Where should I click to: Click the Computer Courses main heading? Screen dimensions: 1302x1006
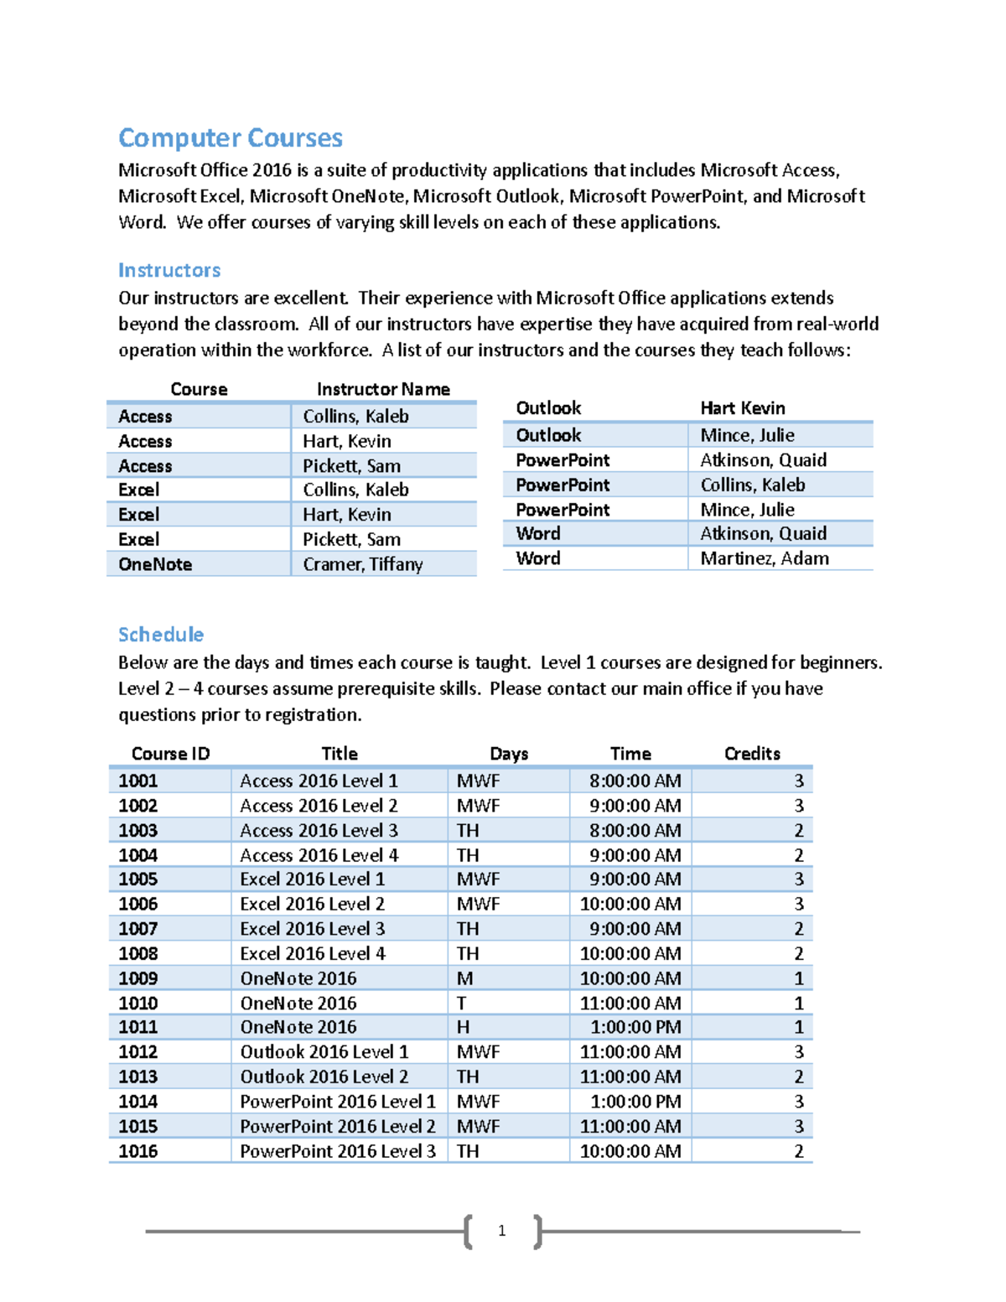231,137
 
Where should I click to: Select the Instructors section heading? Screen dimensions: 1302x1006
169,270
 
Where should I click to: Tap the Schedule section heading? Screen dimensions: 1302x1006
161,634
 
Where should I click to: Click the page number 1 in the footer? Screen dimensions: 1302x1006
501,1231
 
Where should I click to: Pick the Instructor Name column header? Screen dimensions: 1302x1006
383,389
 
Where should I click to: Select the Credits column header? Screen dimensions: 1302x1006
752,753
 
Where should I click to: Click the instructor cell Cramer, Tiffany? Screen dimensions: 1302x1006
363,564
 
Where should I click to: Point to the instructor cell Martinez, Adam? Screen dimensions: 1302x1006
765,558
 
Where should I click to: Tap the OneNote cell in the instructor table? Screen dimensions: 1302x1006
155,564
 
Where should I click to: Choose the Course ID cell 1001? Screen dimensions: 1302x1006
138,781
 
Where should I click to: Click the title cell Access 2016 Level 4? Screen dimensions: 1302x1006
319,855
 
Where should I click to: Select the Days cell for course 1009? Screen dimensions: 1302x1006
465,978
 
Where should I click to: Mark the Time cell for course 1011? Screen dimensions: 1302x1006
635,1027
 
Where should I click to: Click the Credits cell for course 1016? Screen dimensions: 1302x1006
798,1151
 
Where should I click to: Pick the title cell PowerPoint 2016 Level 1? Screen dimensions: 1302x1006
338,1102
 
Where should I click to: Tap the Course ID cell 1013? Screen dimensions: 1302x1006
138,1076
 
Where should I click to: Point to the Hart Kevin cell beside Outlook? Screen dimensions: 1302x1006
743,408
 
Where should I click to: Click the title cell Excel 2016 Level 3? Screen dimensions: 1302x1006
313,929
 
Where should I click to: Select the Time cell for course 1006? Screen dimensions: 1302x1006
630,904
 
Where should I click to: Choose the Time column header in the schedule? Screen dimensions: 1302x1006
630,753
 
